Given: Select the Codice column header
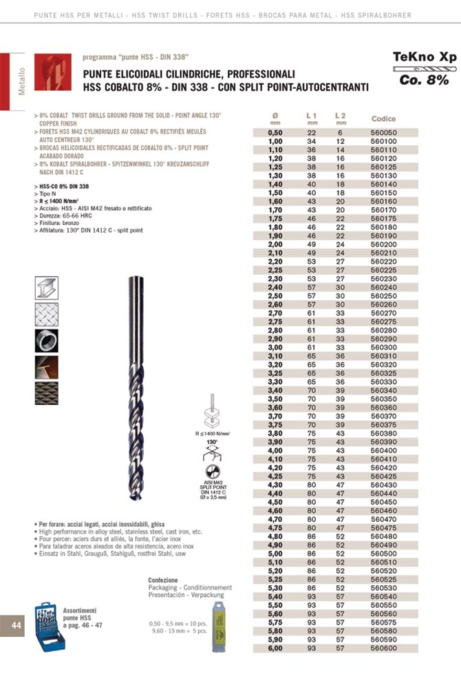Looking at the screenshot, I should coord(383,119).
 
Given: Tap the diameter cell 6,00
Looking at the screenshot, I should coord(275,648).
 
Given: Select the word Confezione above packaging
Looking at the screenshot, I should coord(163,580).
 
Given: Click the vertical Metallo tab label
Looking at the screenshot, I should coord(21,81).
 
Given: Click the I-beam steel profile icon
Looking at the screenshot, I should coord(47,288).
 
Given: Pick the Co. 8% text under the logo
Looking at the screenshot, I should coord(424,81).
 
